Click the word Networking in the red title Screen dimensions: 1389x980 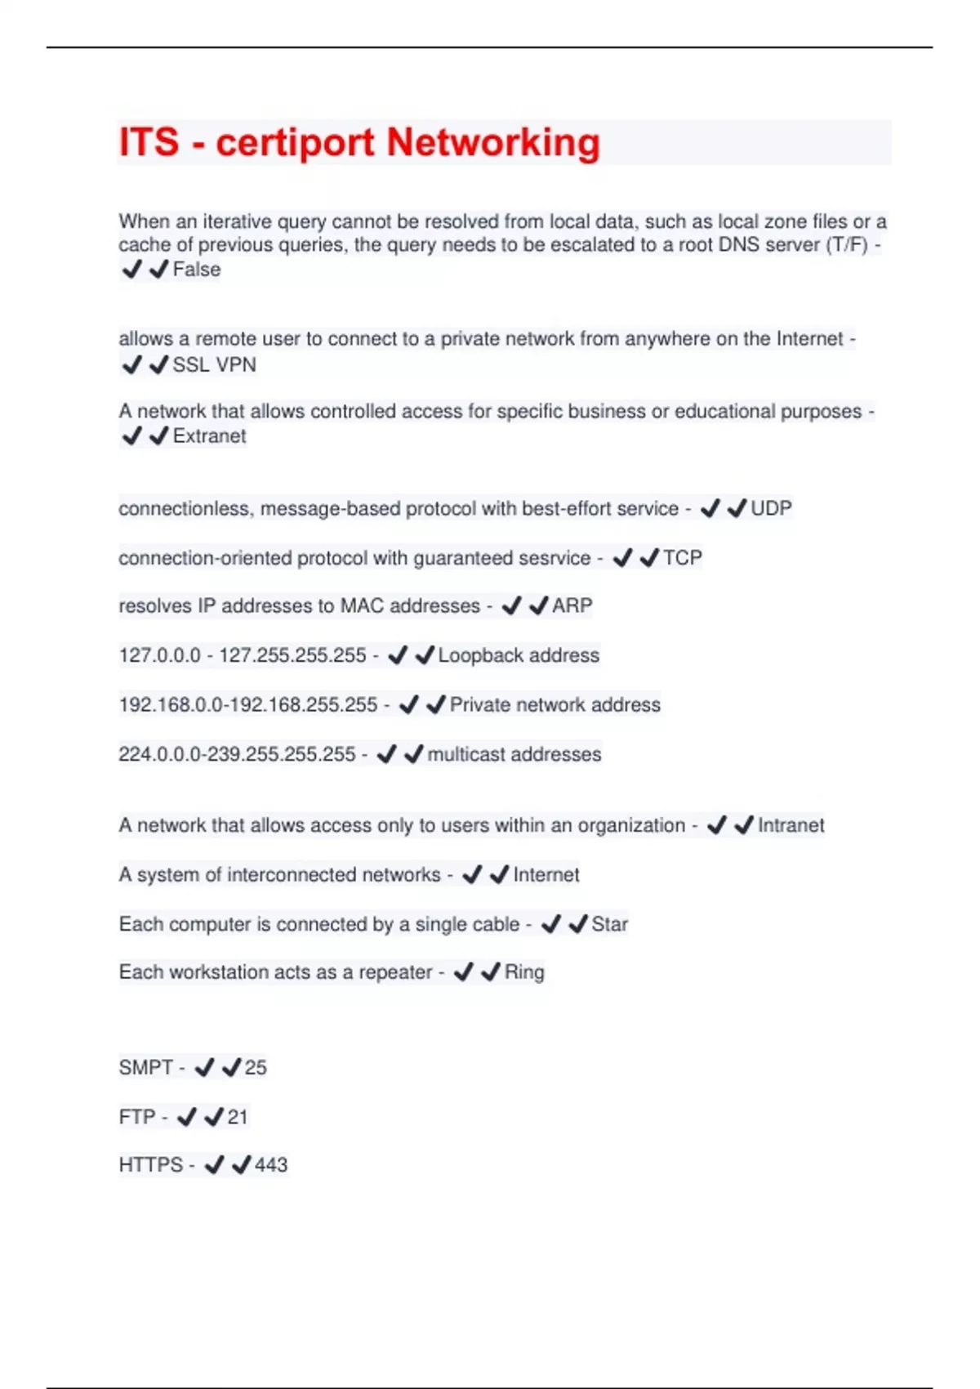(493, 142)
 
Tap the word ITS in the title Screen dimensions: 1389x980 (149, 142)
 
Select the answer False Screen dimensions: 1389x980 (197, 270)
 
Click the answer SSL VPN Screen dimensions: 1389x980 (214, 364)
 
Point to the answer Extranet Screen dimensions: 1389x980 (209, 436)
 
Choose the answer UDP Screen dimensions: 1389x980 (771, 508)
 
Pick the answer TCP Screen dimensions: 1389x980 (683, 558)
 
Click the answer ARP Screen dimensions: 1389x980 (572, 606)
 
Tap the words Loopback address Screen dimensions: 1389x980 (519, 655)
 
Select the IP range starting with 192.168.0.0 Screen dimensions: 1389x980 (248, 704)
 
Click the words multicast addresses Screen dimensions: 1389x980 (514, 754)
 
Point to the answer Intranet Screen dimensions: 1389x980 (791, 825)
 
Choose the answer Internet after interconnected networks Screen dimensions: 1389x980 (546, 875)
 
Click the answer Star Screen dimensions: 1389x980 (609, 924)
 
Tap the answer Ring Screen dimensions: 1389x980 (524, 972)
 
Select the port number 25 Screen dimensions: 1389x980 (256, 1068)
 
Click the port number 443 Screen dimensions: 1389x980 (271, 1165)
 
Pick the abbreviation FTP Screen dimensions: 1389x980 (137, 1117)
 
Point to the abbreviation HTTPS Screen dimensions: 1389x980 (151, 1165)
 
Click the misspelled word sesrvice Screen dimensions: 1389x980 (553, 558)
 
